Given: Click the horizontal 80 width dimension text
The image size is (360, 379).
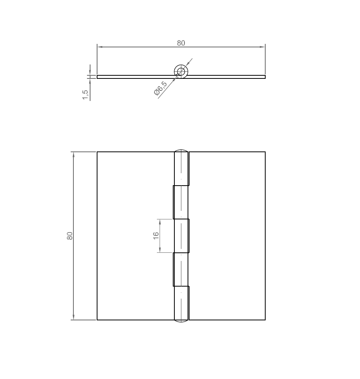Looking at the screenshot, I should (181, 43).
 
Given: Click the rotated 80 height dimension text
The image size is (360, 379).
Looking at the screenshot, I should (70, 236).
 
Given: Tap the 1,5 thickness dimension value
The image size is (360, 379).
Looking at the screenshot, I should (85, 94).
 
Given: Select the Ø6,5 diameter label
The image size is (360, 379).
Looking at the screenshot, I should (160, 89).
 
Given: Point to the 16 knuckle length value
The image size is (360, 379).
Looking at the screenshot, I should (156, 236).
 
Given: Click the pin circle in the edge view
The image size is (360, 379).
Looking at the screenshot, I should (181, 71).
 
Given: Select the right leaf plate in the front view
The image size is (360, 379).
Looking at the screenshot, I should (227, 236).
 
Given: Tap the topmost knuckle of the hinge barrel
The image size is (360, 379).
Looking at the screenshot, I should (181, 169).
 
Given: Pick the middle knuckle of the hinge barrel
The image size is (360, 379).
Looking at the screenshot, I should (181, 236).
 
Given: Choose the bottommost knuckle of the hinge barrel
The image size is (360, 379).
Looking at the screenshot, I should (181, 303).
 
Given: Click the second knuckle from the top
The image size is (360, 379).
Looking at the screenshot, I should (181, 202).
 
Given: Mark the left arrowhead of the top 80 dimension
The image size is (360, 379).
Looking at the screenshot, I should (99, 47).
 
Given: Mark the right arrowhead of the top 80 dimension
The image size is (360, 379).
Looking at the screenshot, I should (263, 47).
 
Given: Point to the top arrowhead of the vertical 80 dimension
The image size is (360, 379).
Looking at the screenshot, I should (73, 154).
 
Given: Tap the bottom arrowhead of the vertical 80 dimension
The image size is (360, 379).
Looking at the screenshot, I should (73, 318).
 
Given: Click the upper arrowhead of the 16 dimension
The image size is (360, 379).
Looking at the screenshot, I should (160, 221).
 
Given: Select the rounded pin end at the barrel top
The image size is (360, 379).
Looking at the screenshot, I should (181, 151).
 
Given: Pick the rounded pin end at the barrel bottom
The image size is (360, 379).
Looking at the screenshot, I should (181, 321).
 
